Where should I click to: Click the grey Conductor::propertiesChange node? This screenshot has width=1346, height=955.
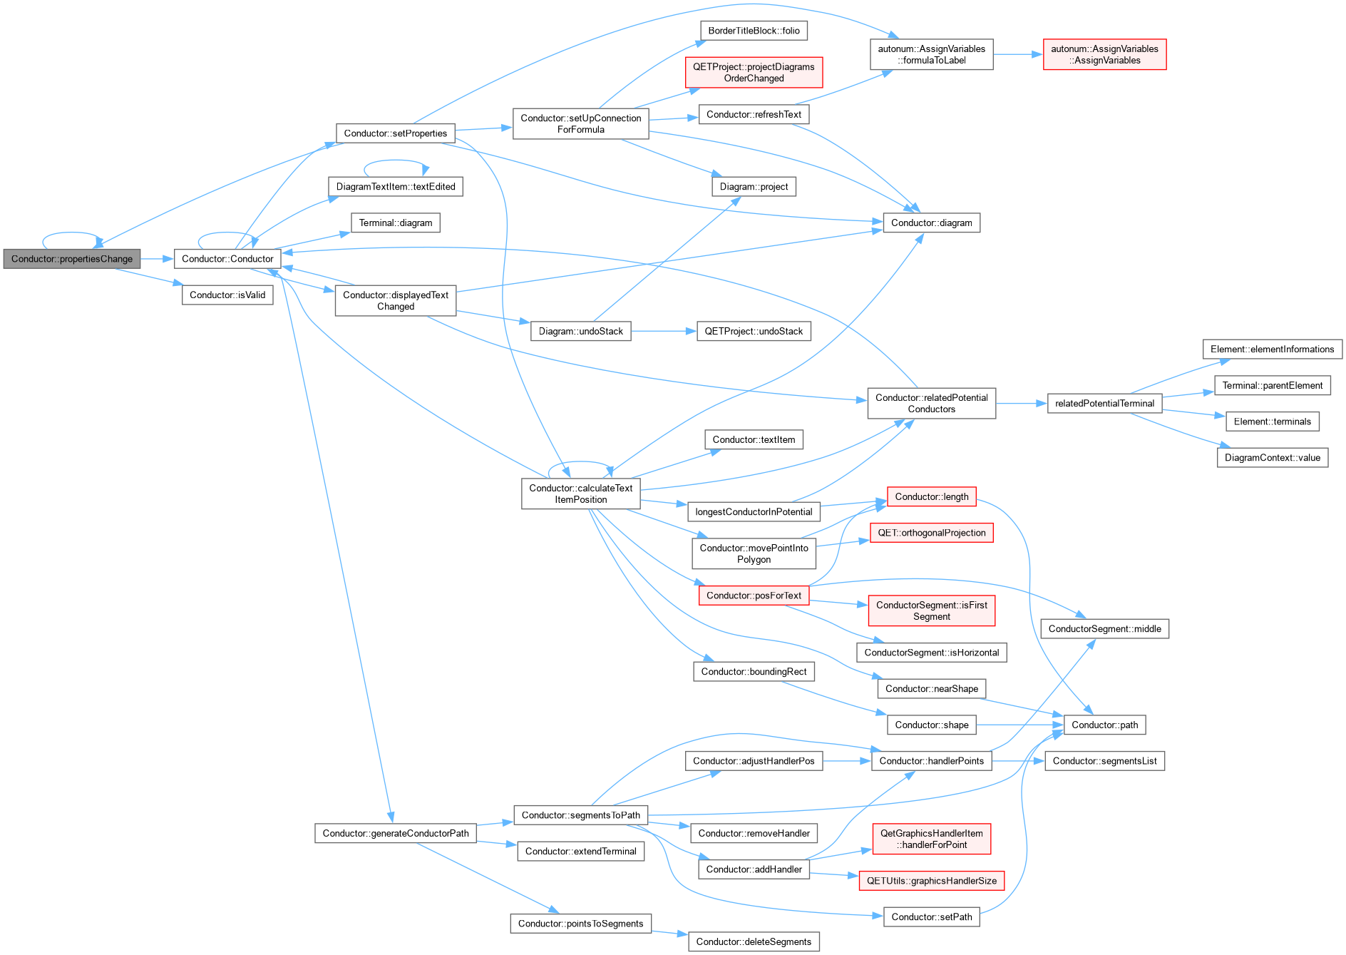tap(72, 259)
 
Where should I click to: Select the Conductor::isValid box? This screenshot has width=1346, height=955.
tap(227, 295)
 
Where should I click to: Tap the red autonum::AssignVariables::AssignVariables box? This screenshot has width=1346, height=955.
tap(1104, 54)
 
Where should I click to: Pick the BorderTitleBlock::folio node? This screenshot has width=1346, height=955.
tap(754, 31)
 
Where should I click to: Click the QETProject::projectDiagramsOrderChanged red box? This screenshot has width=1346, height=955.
tap(754, 73)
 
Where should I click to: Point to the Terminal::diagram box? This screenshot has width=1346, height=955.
tap(396, 223)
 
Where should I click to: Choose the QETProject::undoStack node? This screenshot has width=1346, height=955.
tap(754, 332)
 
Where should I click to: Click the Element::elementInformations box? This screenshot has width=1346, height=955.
tap(1272, 349)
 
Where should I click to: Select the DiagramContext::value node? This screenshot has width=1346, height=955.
tap(1273, 458)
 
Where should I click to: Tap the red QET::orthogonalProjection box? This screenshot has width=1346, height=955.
tap(931, 533)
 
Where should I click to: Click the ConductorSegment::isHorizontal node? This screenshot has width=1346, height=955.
tap(931, 653)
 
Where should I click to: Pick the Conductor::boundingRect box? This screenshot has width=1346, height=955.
tap(754, 672)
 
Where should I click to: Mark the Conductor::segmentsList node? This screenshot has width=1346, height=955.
tap(1104, 761)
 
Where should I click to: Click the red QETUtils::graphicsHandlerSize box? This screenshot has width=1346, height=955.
tap(931, 881)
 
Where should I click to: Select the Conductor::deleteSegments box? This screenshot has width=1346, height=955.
tap(754, 941)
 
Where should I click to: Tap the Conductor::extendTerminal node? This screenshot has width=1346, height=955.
tap(580, 852)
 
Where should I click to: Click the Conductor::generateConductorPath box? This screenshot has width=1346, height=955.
tap(396, 833)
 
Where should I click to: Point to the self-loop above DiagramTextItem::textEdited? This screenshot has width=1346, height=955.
tap(396, 161)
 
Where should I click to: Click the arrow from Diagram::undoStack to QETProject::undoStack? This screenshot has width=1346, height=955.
tap(664, 332)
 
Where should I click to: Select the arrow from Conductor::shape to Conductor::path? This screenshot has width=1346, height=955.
tap(1020, 725)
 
